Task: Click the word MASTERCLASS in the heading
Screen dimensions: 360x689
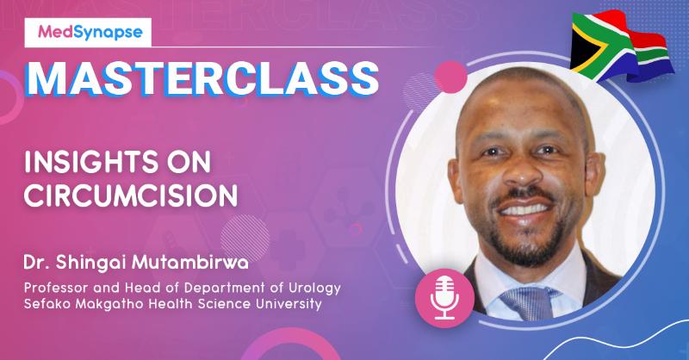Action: (198, 78)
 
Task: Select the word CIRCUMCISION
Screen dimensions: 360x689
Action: (131, 196)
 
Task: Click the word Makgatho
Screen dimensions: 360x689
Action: (119, 304)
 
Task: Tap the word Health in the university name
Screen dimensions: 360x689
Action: (177, 304)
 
